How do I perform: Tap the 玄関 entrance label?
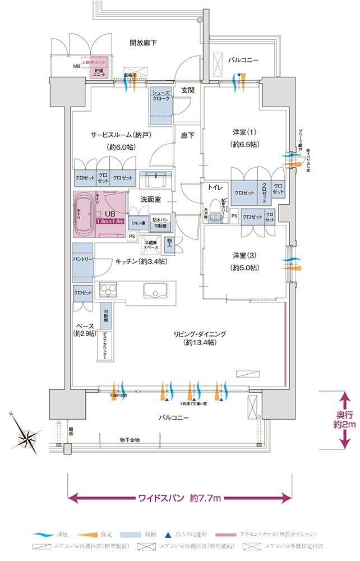tap(188, 90)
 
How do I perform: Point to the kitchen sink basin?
tap(154, 291)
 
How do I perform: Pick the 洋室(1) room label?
tap(245, 137)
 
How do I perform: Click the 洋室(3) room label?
tap(245, 261)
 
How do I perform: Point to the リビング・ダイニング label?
tap(200, 338)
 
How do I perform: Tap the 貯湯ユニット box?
tap(100, 72)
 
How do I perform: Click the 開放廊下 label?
tap(143, 42)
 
